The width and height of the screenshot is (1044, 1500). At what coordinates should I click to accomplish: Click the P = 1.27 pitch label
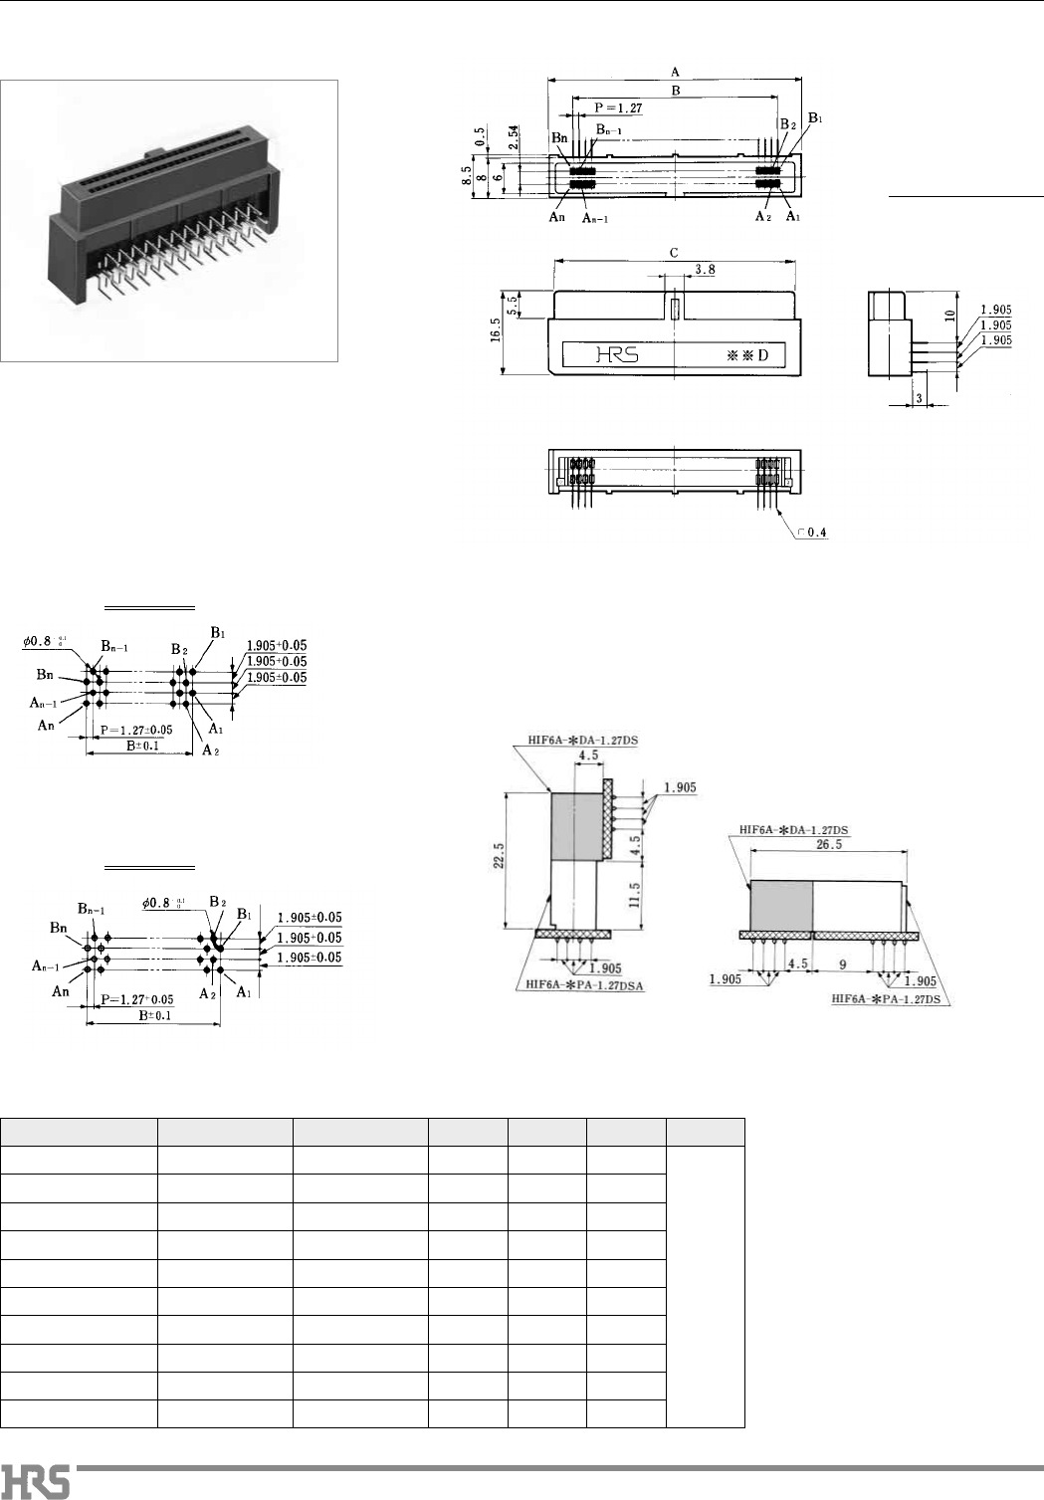[x=618, y=107]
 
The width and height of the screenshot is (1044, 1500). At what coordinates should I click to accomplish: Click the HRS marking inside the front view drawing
[x=618, y=355]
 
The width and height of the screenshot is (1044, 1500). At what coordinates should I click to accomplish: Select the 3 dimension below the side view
[x=918, y=398]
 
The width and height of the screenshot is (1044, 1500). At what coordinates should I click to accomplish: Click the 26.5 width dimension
[x=828, y=844]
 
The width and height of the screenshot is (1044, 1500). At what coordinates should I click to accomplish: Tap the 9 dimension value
[x=841, y=964]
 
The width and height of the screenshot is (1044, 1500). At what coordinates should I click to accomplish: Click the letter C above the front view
[x=674, y=253]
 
